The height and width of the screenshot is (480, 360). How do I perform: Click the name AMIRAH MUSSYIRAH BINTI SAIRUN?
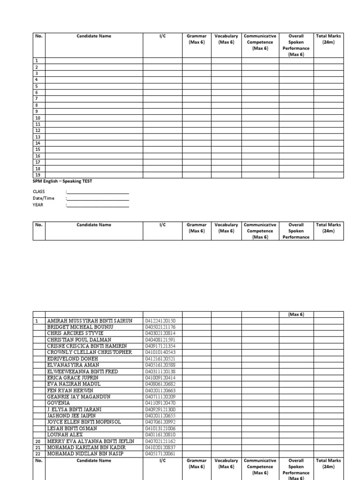point(90,321)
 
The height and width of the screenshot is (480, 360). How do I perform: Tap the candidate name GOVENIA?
point(59,403)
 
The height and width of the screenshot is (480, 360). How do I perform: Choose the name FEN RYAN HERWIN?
point(70,390)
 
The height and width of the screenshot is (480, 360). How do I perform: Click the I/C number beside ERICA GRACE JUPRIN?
point(160,377)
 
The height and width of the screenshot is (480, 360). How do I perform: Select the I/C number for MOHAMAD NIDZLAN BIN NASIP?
point(160,453)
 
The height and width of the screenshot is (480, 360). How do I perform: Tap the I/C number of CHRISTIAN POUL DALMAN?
point(160,339)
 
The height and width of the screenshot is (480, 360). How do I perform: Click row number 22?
point(37,453)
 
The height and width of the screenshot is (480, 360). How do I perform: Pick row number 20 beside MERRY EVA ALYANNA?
point(37,441)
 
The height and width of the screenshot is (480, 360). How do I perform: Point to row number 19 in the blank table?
point(37,175)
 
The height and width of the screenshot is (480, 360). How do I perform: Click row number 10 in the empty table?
point(37,118)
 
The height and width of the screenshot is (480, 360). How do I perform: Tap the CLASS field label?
point(38,192)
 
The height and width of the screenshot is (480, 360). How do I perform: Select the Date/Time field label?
point(43,198)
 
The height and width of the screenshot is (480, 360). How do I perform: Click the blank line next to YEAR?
point(98,205)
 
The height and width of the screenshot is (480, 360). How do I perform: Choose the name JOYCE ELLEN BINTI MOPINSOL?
point(84,422)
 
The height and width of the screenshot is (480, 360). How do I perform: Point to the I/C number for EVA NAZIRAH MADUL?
point(160,384)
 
